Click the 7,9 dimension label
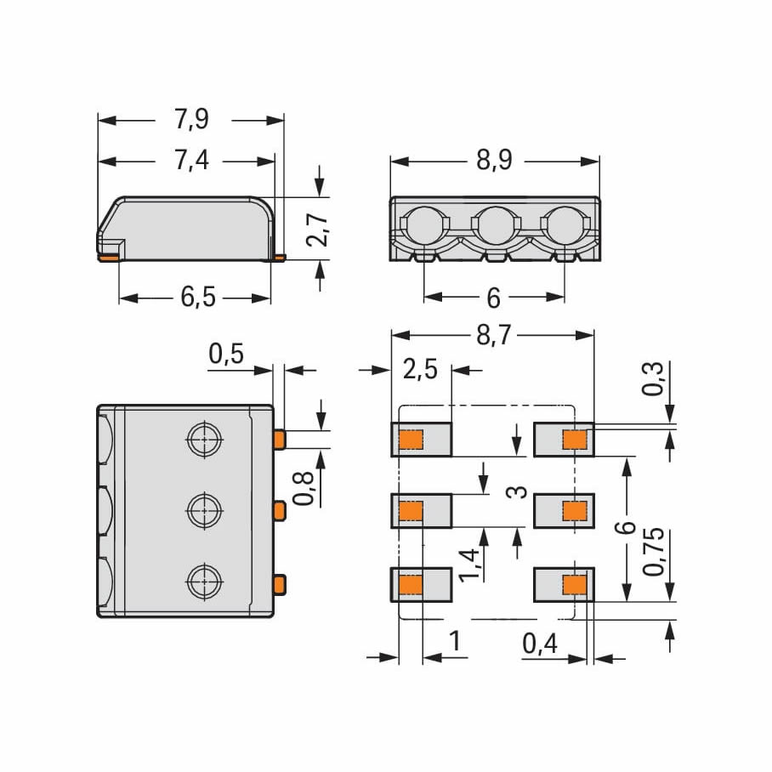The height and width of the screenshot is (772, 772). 191,119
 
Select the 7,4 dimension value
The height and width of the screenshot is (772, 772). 191,161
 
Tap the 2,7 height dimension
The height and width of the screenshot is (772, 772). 318,230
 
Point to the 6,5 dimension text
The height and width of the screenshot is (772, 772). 198,297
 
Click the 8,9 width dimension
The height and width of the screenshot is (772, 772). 494,160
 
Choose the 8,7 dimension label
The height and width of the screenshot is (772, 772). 494,336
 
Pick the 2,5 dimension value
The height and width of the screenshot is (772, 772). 420,369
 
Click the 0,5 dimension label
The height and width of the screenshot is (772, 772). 226,354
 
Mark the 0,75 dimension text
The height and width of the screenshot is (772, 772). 654,552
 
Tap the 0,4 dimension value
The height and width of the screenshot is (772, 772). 540,643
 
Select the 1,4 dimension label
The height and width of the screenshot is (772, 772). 468,565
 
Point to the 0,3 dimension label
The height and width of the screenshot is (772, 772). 652,378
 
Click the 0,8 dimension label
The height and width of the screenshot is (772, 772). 303,488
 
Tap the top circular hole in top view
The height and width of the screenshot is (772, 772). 204,439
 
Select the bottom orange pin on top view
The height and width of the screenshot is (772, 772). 280,584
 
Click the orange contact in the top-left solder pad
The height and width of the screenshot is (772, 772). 411,440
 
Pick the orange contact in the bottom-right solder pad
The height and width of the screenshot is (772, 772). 575,584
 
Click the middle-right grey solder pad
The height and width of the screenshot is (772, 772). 565,511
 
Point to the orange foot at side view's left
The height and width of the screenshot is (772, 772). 109,258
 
